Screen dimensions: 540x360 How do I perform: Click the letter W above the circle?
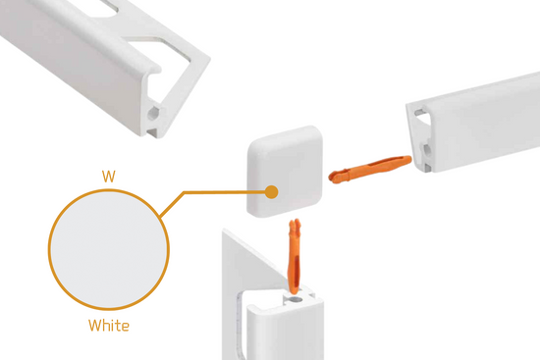[x=108, y=177]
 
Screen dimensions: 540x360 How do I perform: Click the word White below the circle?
[x=109, y=326]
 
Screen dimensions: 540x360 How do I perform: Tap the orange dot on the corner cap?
[x=271, y=192]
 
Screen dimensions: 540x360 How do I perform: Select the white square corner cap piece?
[x=285, y=172]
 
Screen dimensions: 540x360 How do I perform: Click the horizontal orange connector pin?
[x=370, y=169]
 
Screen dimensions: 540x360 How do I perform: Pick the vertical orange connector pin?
[x=295, y=256]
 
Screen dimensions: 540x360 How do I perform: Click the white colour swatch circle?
[x=109, y=249]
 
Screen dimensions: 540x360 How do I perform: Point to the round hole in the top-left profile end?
[x=153, y=113]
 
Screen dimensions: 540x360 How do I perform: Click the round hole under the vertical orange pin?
[x=295, y=299]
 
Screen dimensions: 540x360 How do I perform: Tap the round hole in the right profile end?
[x=427, y=150]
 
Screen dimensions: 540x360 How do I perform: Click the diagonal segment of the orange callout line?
[x=172, y=204]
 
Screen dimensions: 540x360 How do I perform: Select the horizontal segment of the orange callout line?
[x=225, y=192]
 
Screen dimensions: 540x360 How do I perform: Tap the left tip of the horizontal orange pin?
[x=331, y=178]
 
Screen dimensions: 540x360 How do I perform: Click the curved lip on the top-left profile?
[x=154, y=68]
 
